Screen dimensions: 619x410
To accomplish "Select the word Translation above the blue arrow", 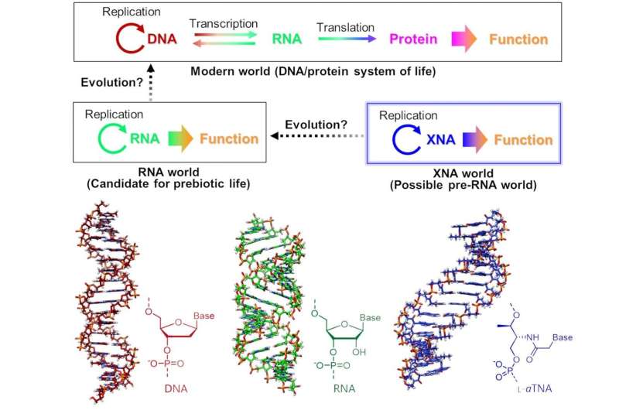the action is tap(346, 26).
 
